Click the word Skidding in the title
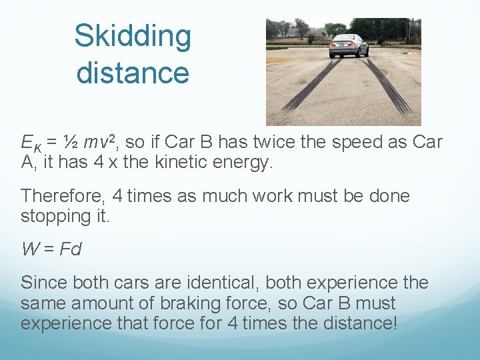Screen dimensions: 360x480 tap(133, 37)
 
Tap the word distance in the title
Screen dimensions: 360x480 tap(133, 72)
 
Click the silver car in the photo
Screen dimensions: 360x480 tap(348, 45)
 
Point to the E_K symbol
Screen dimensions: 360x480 tap(31, 143)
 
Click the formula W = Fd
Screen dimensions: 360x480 tap(51, 249)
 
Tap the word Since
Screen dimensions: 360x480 tap(44, 283)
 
